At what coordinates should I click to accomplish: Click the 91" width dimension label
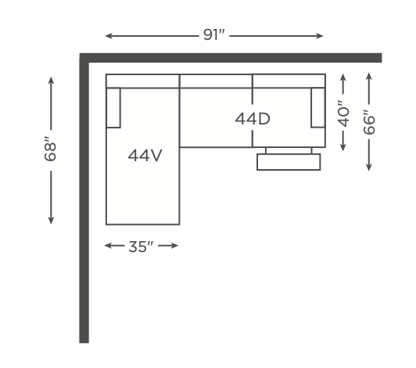(x=214, y=34)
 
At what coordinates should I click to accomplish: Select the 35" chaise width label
(x=141, y=247)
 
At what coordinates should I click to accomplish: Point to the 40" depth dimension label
(x=343, y=114)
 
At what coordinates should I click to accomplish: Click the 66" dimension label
(x=369, y=122)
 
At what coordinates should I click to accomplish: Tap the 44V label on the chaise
(x=145, y=156)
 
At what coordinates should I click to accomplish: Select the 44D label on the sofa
(x=253, y=119)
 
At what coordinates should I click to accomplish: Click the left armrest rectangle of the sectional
(x=113, y=107)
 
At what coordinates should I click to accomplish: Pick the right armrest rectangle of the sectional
(x=318, y=107)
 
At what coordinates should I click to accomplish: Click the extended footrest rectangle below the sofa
(x=289, y=162)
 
